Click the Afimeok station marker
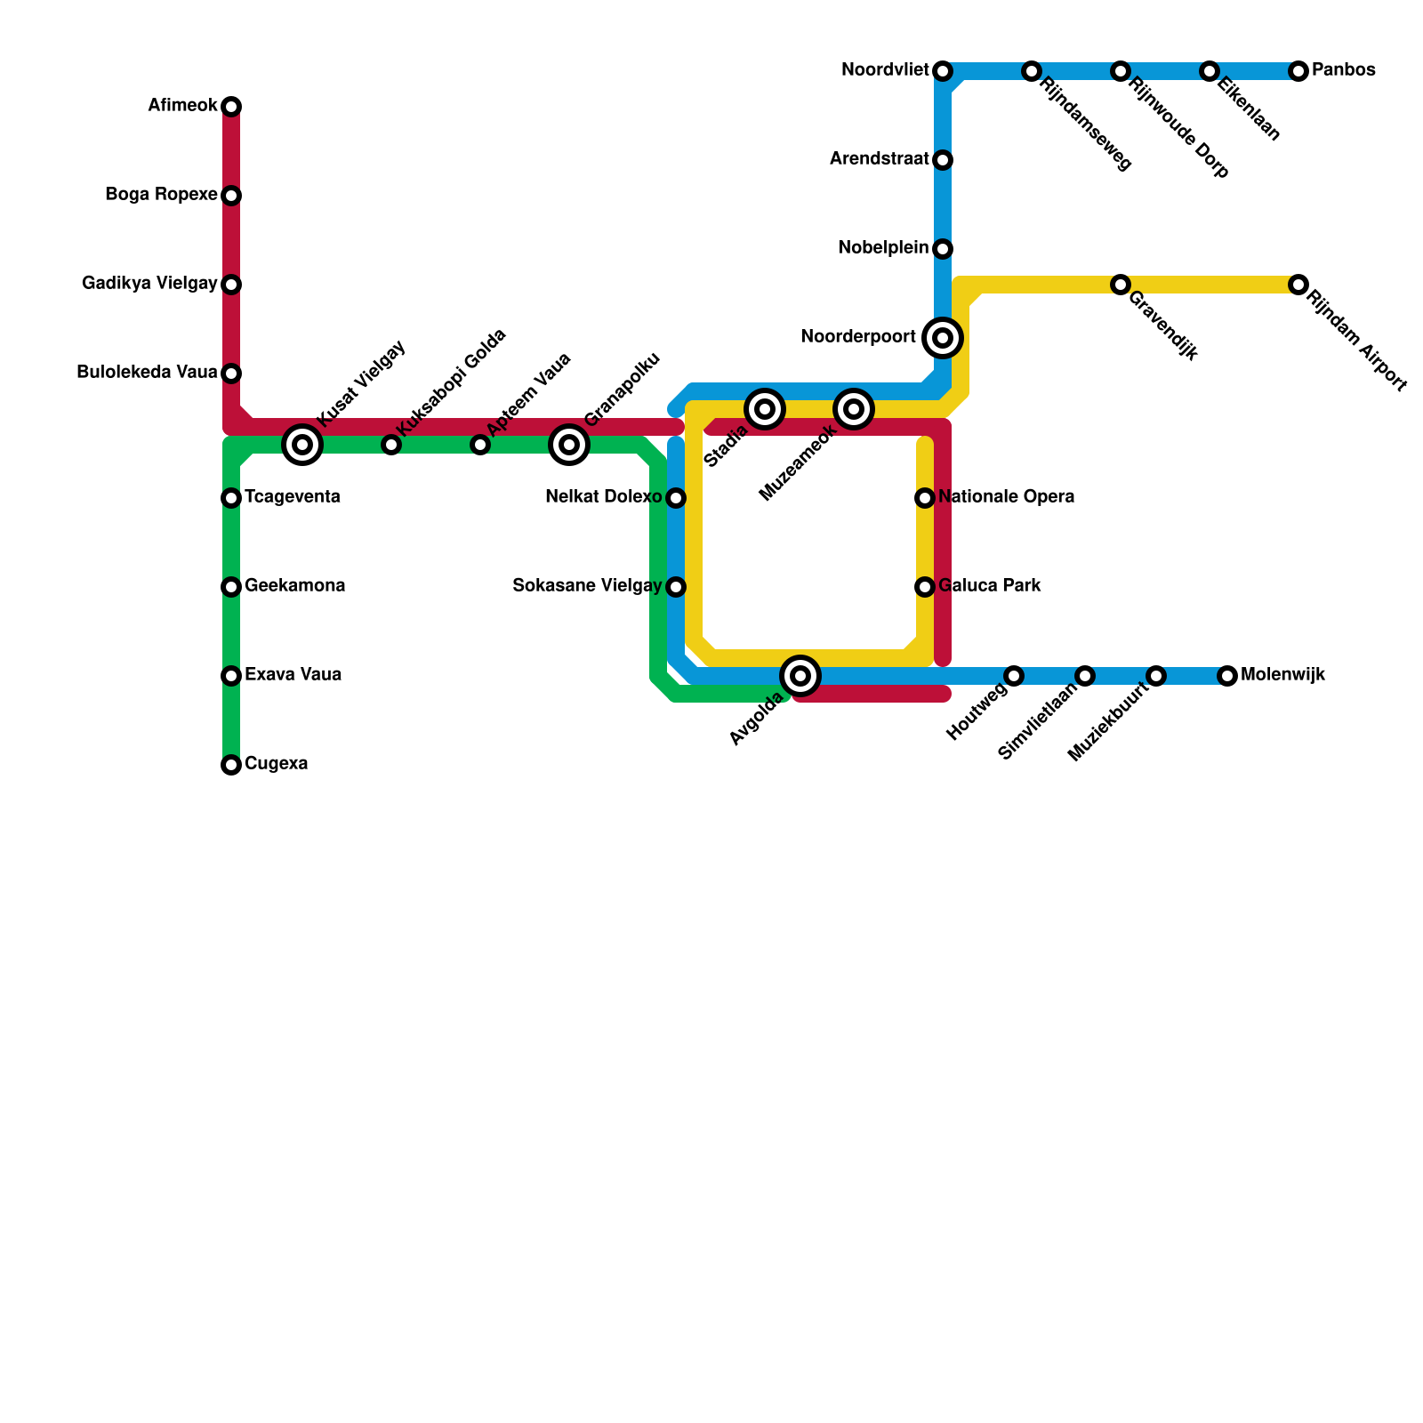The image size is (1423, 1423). tap(231, 107)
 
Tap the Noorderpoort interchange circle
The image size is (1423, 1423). tap(943, 338)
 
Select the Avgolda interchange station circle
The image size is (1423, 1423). tap(800, 676)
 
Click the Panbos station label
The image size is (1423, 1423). tap(1343, 70)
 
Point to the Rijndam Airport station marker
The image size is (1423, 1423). tap(1298, 285)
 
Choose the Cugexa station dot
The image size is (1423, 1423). tap(231, 765)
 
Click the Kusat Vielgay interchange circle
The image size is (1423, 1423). tap(302, 445)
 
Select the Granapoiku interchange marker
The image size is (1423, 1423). tap(569, 445)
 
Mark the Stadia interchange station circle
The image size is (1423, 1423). tap(765, 409)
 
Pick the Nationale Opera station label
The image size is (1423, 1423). tap(1006, 497)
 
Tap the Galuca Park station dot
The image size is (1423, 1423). tap(925, 587)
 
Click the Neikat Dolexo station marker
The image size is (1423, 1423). tap(676, 498)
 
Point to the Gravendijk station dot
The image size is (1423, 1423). tap(1121, 285)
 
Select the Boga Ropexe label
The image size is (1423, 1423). tap(161, 195)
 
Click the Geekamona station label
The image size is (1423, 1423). tap(294, 586)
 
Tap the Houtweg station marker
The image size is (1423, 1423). tap(1014, 676)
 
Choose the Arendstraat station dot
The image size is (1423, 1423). tap(943, 160)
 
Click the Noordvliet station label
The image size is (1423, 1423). tap(885, 70)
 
